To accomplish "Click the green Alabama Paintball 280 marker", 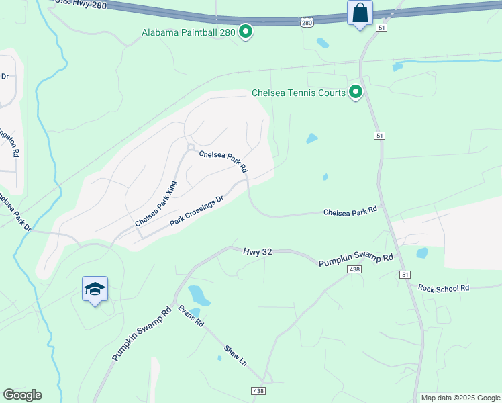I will [246, 32].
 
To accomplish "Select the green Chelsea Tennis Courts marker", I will [356, 92].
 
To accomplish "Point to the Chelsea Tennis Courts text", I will [299, 93].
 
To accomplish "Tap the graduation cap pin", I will [95, 289].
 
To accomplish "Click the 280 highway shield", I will [307, 23].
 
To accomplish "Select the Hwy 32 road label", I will [257, 251].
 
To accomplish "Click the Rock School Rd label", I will [443, 288].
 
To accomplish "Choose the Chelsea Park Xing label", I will [156, 204].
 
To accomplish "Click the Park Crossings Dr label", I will [196, 212].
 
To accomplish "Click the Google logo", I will [22, 395].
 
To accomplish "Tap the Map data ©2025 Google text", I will [460, 398].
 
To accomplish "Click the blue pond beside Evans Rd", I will [199, 295].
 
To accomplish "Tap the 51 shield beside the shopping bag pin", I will [381, 27].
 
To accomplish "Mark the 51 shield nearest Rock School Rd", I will [404, 275].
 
